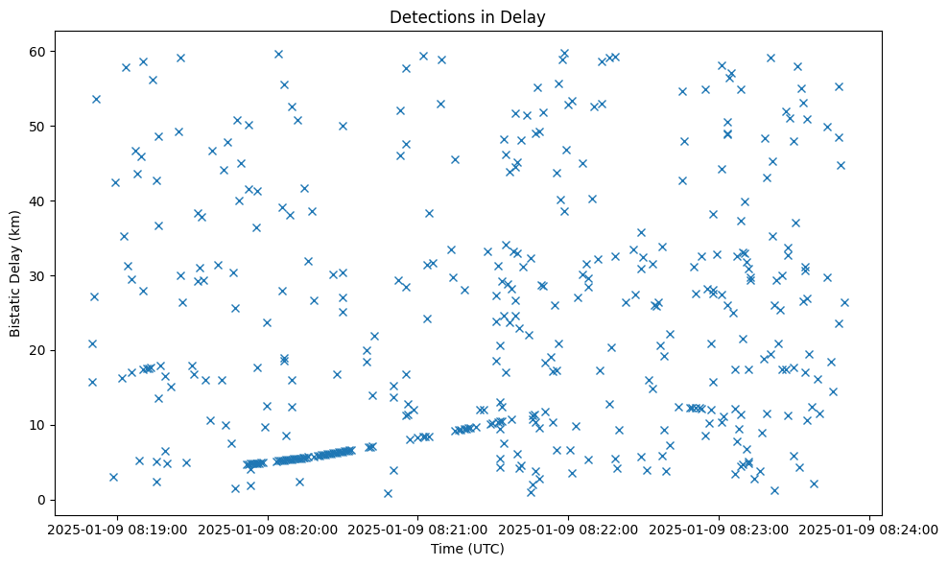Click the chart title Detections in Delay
coord(467,16)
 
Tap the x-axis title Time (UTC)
coord(467,549)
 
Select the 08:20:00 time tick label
coord(268,528)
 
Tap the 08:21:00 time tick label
coord(418,528)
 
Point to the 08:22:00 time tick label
coord(569,528)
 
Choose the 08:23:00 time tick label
coord(720,528)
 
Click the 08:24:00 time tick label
coord(869,528)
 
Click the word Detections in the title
coord(426,16)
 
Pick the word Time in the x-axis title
coord(446,549)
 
